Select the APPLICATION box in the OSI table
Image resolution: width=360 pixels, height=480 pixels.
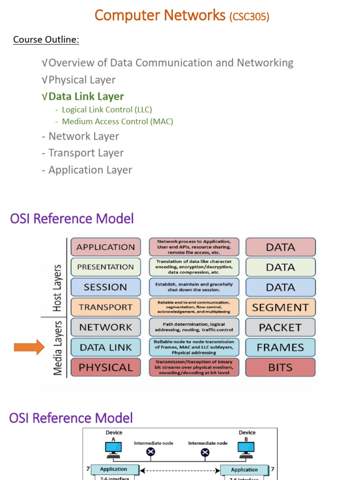[x=105, y=247]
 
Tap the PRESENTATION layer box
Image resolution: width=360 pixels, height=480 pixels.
[x=105, y=267]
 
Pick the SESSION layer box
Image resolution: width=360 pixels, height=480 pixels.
[x=105, y=287]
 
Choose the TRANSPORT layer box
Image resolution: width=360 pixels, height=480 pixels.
[x=105, y=307]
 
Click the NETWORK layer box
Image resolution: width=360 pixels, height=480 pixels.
[x=105, y=327]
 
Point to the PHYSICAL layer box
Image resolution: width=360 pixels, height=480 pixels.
[x=105, y=367]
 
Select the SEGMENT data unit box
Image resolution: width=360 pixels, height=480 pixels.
[x=280, y=307]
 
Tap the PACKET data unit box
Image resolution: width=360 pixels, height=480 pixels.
[x=280, y=327]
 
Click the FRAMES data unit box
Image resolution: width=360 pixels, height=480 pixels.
[x=280, y=347]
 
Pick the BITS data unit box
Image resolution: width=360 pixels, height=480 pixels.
[x=280, y=367]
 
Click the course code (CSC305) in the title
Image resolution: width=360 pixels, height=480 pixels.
[x=249, y=17]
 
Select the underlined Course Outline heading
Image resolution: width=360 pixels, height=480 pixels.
[x=46, y=39]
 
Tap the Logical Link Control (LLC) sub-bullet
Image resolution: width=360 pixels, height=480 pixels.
[x=106, y=109]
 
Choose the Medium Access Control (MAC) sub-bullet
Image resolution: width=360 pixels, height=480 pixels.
[x=117, y=121]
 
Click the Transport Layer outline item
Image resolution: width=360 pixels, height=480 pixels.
[x=86, y=153]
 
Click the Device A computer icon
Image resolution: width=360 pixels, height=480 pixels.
[x=113, y=449]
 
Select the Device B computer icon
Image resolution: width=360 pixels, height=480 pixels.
[x=247, y=449]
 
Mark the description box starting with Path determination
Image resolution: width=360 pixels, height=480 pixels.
[x=194, y=327]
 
